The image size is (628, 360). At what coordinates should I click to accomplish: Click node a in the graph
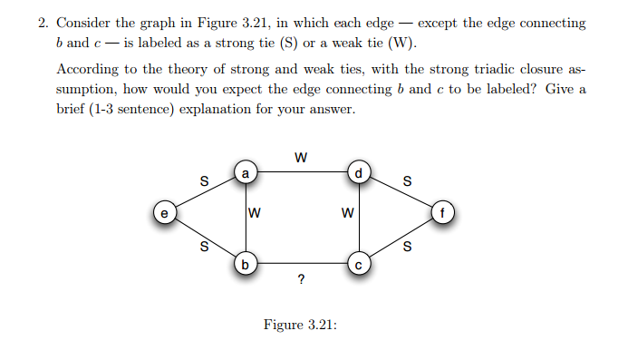[246, 170]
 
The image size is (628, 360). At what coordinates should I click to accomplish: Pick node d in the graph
[358, 170]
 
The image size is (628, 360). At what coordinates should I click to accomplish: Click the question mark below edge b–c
[301, 280]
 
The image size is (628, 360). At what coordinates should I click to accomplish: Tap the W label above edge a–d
[301, 156]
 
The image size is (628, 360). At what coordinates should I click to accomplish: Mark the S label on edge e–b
[203, 245]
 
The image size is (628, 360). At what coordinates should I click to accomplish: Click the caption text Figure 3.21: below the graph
[300, 324]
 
